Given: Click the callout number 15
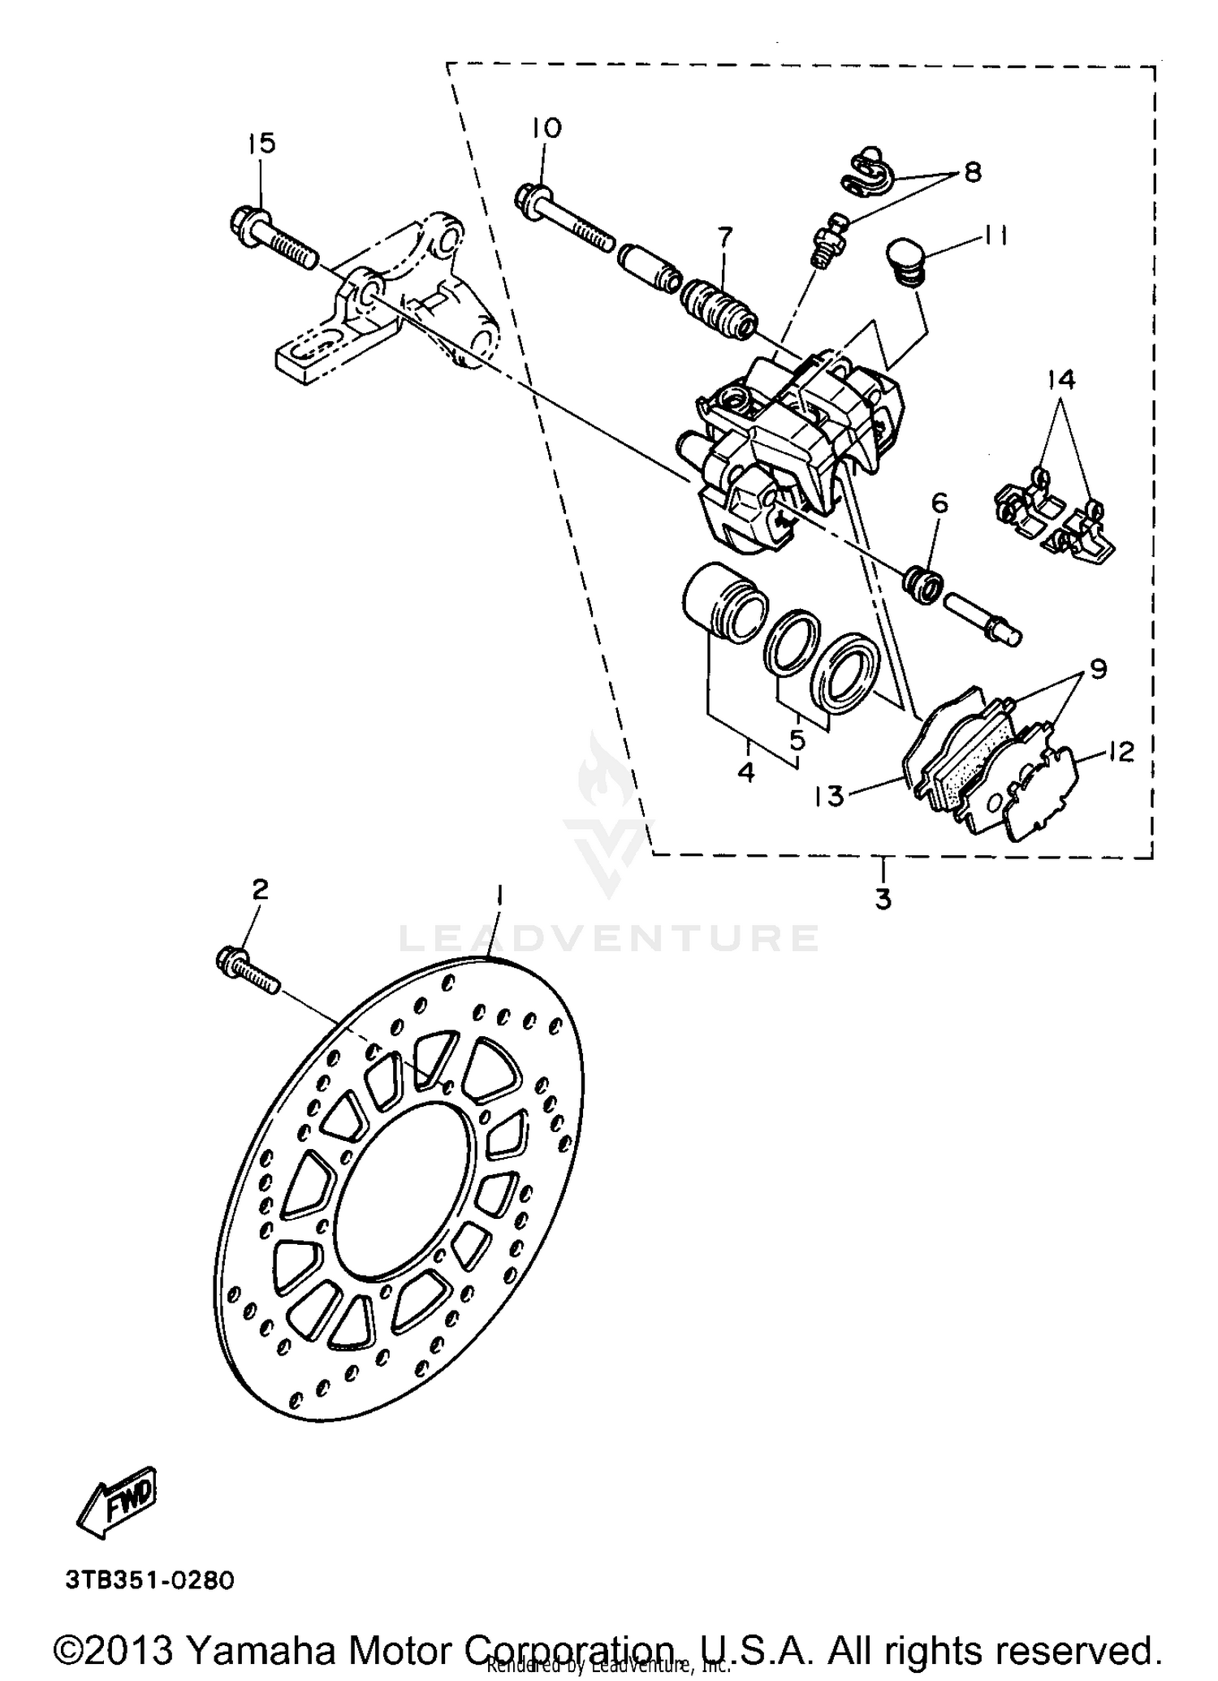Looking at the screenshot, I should point(261,144).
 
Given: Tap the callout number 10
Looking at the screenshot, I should point(547,128).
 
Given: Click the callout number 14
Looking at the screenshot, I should point(1060,378).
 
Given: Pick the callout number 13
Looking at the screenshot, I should point(830,797).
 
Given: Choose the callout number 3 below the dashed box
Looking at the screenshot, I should point(883,899).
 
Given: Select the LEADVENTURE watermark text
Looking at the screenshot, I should point(608,939).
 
